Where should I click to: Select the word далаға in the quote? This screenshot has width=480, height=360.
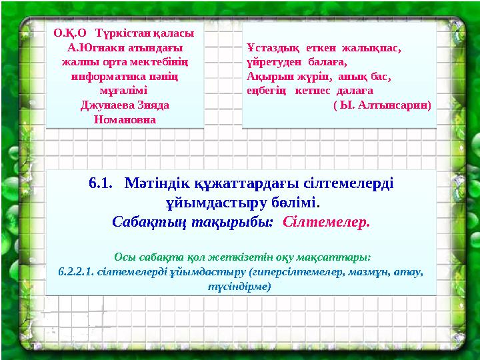point(352,91)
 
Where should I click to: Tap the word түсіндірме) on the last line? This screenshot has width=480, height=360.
point(240,287)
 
